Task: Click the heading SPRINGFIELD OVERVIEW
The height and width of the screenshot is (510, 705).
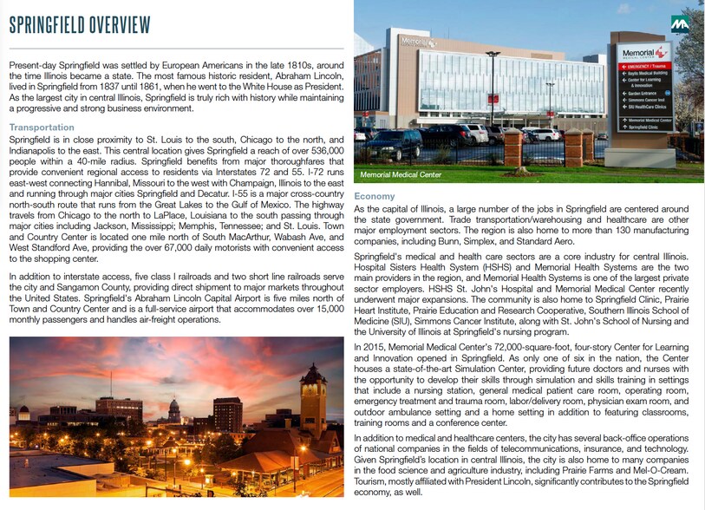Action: (80, 25)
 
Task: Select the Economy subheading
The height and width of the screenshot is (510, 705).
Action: (375, 198)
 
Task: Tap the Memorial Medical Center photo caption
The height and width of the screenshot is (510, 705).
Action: (401, 175)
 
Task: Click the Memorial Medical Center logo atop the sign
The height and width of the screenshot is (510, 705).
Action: (643, 52)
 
